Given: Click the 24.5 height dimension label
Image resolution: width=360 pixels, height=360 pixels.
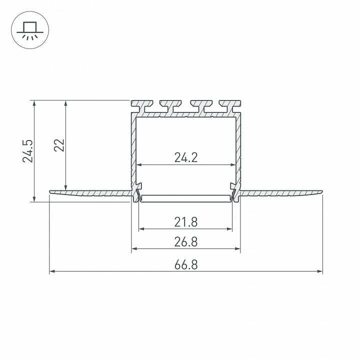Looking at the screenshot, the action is tap(28, 151).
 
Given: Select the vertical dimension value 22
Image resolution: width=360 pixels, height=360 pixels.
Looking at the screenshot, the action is tap(59, 145).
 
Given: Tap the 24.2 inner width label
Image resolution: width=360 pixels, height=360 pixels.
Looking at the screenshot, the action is tap(186, 157).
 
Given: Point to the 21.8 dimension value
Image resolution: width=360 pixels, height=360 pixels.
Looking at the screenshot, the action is tap(186, 222).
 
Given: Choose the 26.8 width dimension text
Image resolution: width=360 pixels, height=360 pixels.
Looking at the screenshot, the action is tap(186, 242).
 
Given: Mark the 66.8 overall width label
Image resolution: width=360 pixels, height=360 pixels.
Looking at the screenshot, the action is tap(186, 264).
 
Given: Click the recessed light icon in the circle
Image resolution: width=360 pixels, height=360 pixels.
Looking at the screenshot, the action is tap(30, 30).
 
